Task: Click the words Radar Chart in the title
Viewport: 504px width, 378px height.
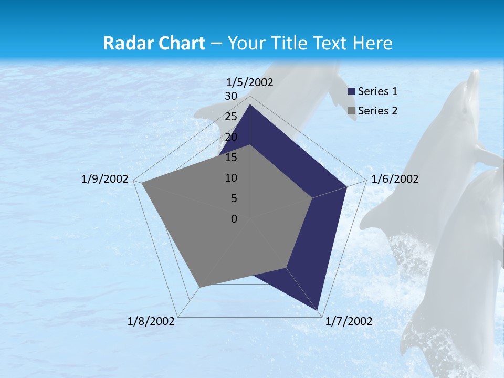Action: [x=154, y=43]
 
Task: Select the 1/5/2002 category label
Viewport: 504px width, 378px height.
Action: [x=250, y=82]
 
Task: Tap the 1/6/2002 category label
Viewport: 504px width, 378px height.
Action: [x=395, y=179]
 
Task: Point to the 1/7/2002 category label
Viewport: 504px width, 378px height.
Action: [x=349, y=321]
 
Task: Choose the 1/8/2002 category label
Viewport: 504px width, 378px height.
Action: [x=151, y=321]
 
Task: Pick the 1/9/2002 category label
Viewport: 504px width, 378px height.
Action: [x=105, y=179]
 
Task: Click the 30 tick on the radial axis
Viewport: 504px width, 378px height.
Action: [x=231, y=96]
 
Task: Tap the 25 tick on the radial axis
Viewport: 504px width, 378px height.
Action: [x=231, y=117]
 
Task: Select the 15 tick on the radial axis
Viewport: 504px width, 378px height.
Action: [x=231, y=157]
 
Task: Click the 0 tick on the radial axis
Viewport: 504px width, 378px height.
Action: [x=234, y=219]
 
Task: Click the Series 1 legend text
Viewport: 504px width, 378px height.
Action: [x=377, y=91]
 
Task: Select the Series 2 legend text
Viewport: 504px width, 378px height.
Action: [x=377, y=111]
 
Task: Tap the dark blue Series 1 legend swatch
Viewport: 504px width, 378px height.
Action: [x=352, y=91]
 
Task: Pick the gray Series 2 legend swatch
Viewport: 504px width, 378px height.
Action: [x=352, y=111]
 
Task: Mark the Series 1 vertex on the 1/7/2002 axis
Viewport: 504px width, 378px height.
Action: [x=319, y=310]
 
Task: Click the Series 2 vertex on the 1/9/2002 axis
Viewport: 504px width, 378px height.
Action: [x=141, y=183]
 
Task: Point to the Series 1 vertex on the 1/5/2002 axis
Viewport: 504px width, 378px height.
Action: [x=250, y=104]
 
